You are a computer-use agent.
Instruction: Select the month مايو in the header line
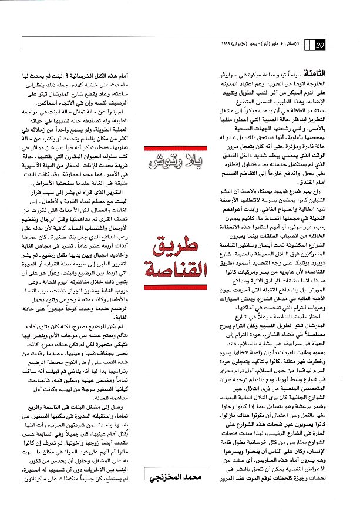[x=281, y=46]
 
